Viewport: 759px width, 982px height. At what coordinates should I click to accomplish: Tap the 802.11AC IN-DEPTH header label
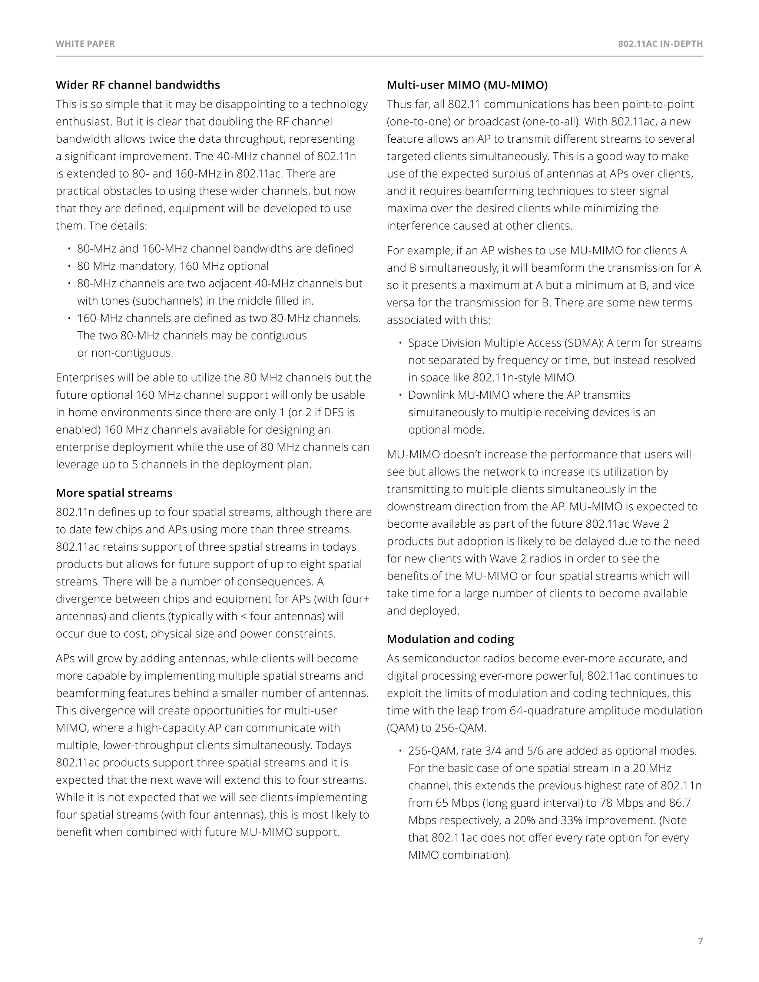[x=660, y=44]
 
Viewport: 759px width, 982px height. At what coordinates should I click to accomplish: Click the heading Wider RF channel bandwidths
[x=137, y=85]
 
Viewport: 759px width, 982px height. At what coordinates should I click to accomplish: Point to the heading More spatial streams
[x=114, y=493]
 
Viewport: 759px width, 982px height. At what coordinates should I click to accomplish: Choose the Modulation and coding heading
[x=450, y=639]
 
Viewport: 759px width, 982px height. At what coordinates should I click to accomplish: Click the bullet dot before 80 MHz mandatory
[x=69, y=266]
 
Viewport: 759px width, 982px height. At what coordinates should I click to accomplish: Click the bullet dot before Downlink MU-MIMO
[x=400, y=395]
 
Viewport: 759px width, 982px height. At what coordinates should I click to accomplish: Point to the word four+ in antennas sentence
[x=357, y=599]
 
